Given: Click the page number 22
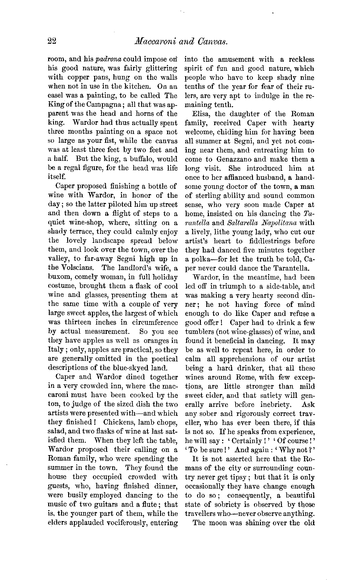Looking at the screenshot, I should [52, 41].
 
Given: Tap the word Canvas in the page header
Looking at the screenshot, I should [212, 41].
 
